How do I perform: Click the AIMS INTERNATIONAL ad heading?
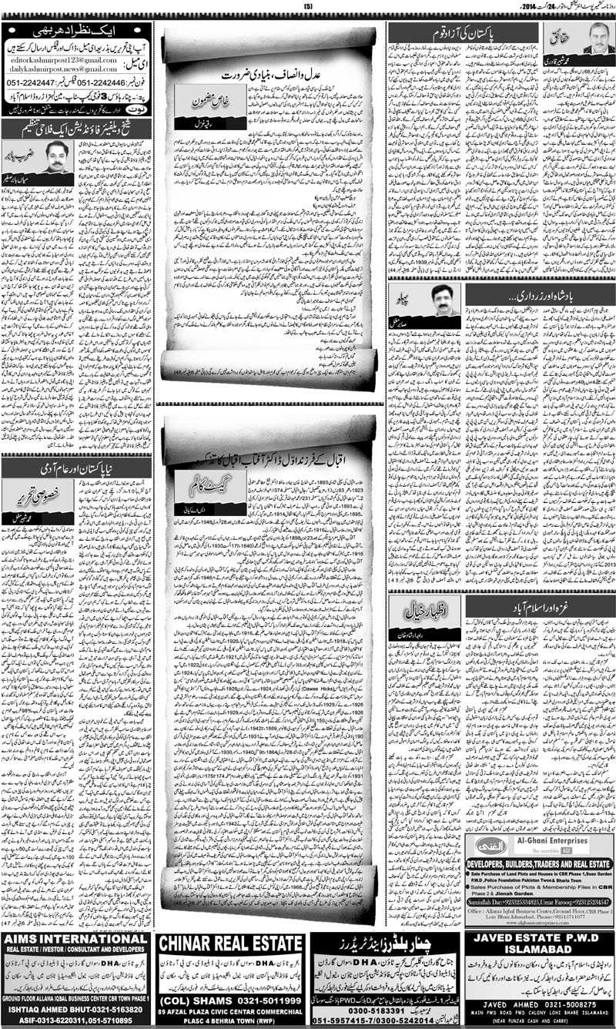pos(75,960)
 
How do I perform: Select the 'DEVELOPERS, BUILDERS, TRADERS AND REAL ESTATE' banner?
pos(539,864)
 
